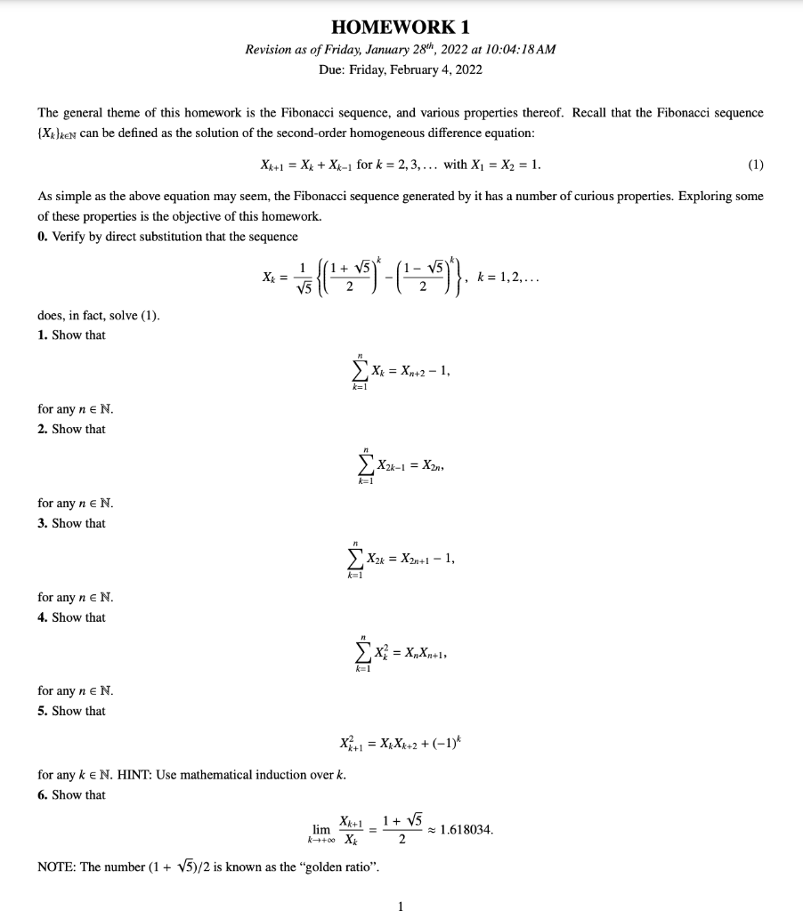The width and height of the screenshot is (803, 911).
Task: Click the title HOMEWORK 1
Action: pos(400,27)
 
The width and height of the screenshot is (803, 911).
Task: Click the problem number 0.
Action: pos(42,236)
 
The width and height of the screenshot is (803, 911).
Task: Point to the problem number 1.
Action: pos(42,335)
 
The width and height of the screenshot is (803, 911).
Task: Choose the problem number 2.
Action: pos(42,429)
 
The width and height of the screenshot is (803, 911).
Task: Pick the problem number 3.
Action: pos(42,523)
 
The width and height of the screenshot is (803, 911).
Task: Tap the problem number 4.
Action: pos(42,617)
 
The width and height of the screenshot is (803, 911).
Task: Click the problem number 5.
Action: pos(42,711)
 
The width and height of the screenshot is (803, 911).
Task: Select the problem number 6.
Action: pos(42,795)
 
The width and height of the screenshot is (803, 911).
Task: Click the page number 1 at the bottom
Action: pos(401,906)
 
